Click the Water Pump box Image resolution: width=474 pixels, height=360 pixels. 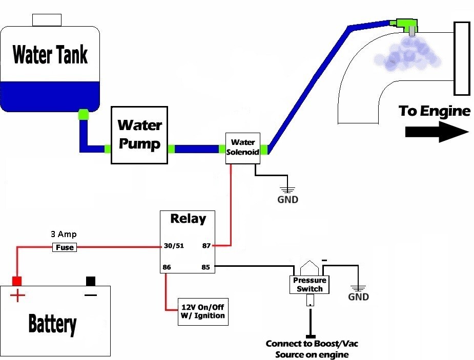coord(139,135)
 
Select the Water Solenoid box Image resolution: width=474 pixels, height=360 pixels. coord(242,149)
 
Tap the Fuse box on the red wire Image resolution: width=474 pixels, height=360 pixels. coord(65,247)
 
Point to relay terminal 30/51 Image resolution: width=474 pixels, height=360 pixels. coord(173,246)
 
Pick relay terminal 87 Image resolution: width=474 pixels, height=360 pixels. coord(207,246)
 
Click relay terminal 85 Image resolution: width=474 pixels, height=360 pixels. coord(207,266)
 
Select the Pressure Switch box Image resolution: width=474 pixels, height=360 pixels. coord(310,285)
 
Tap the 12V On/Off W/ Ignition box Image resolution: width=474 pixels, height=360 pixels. coord(203,311)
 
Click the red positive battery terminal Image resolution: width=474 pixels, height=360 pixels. coord(17,281)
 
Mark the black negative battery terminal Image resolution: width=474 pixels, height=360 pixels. coord(91,281)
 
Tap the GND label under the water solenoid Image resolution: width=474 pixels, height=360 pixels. coord(287,200)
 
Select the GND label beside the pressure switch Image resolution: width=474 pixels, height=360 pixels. coord(358,297)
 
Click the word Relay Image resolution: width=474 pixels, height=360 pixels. coord(188,219)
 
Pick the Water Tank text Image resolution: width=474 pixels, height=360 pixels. coord(50,54)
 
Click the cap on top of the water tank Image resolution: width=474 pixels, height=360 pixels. coord(47,20)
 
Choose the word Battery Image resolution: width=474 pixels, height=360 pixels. coord(52,324)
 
